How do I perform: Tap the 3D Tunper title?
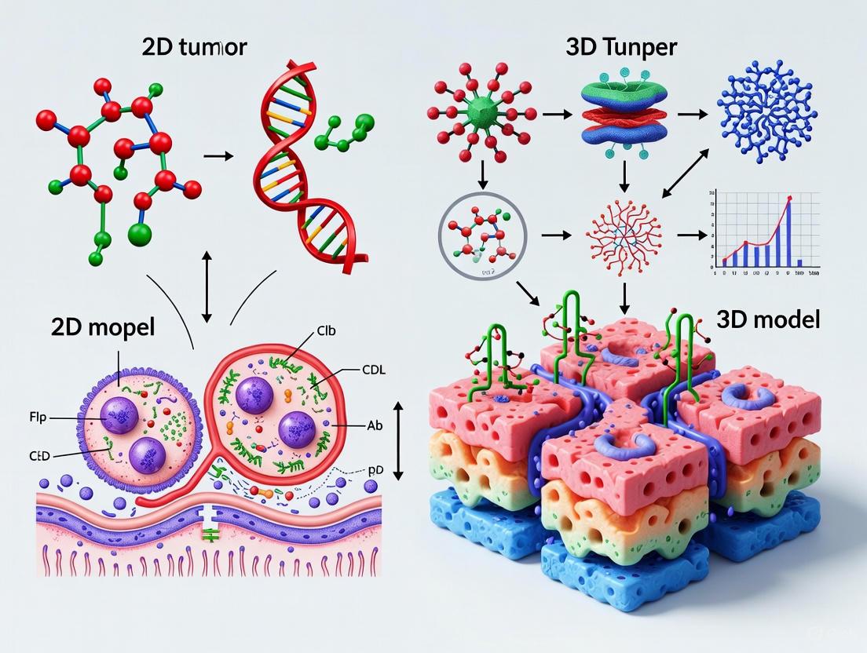621,46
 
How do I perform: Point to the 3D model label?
769,319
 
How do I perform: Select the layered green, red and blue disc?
622,115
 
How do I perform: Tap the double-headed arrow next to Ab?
397,440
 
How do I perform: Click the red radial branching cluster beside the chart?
623,233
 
